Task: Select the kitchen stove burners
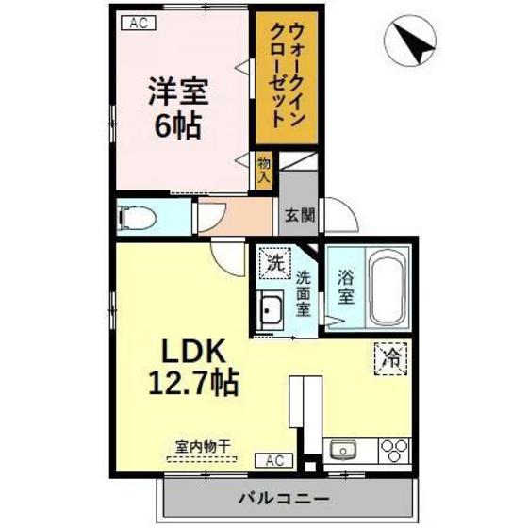pyautogui.click(x=393, y=448)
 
